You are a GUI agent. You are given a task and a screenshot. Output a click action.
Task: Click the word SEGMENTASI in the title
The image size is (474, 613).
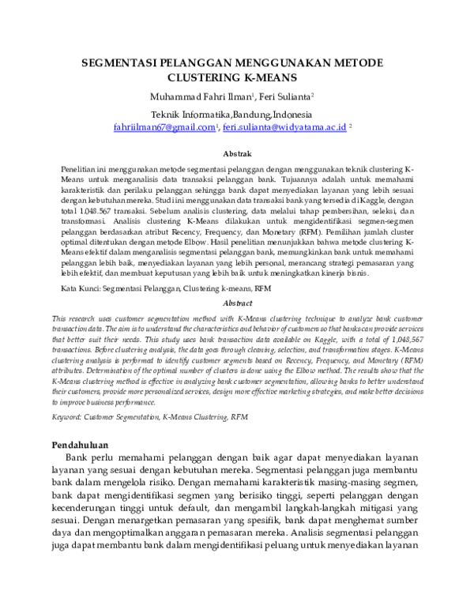[x=126, y=63]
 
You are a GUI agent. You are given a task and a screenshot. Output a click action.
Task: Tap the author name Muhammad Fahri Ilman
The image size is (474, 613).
[x=198, y=97]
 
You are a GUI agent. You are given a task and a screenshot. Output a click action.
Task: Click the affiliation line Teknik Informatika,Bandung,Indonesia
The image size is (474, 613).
[x=236, y=115]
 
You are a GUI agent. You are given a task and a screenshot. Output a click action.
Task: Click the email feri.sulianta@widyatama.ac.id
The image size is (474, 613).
[x=284, y=127]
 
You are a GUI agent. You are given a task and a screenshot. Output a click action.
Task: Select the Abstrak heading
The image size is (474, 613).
[x=237, y=153]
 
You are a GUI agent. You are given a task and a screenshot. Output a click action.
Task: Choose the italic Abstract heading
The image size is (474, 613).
[x=237, y=303]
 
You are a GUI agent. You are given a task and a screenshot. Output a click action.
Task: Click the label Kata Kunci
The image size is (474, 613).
[x=80, y=289]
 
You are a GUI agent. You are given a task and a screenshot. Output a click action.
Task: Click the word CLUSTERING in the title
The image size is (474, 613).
[x=205, y=78]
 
